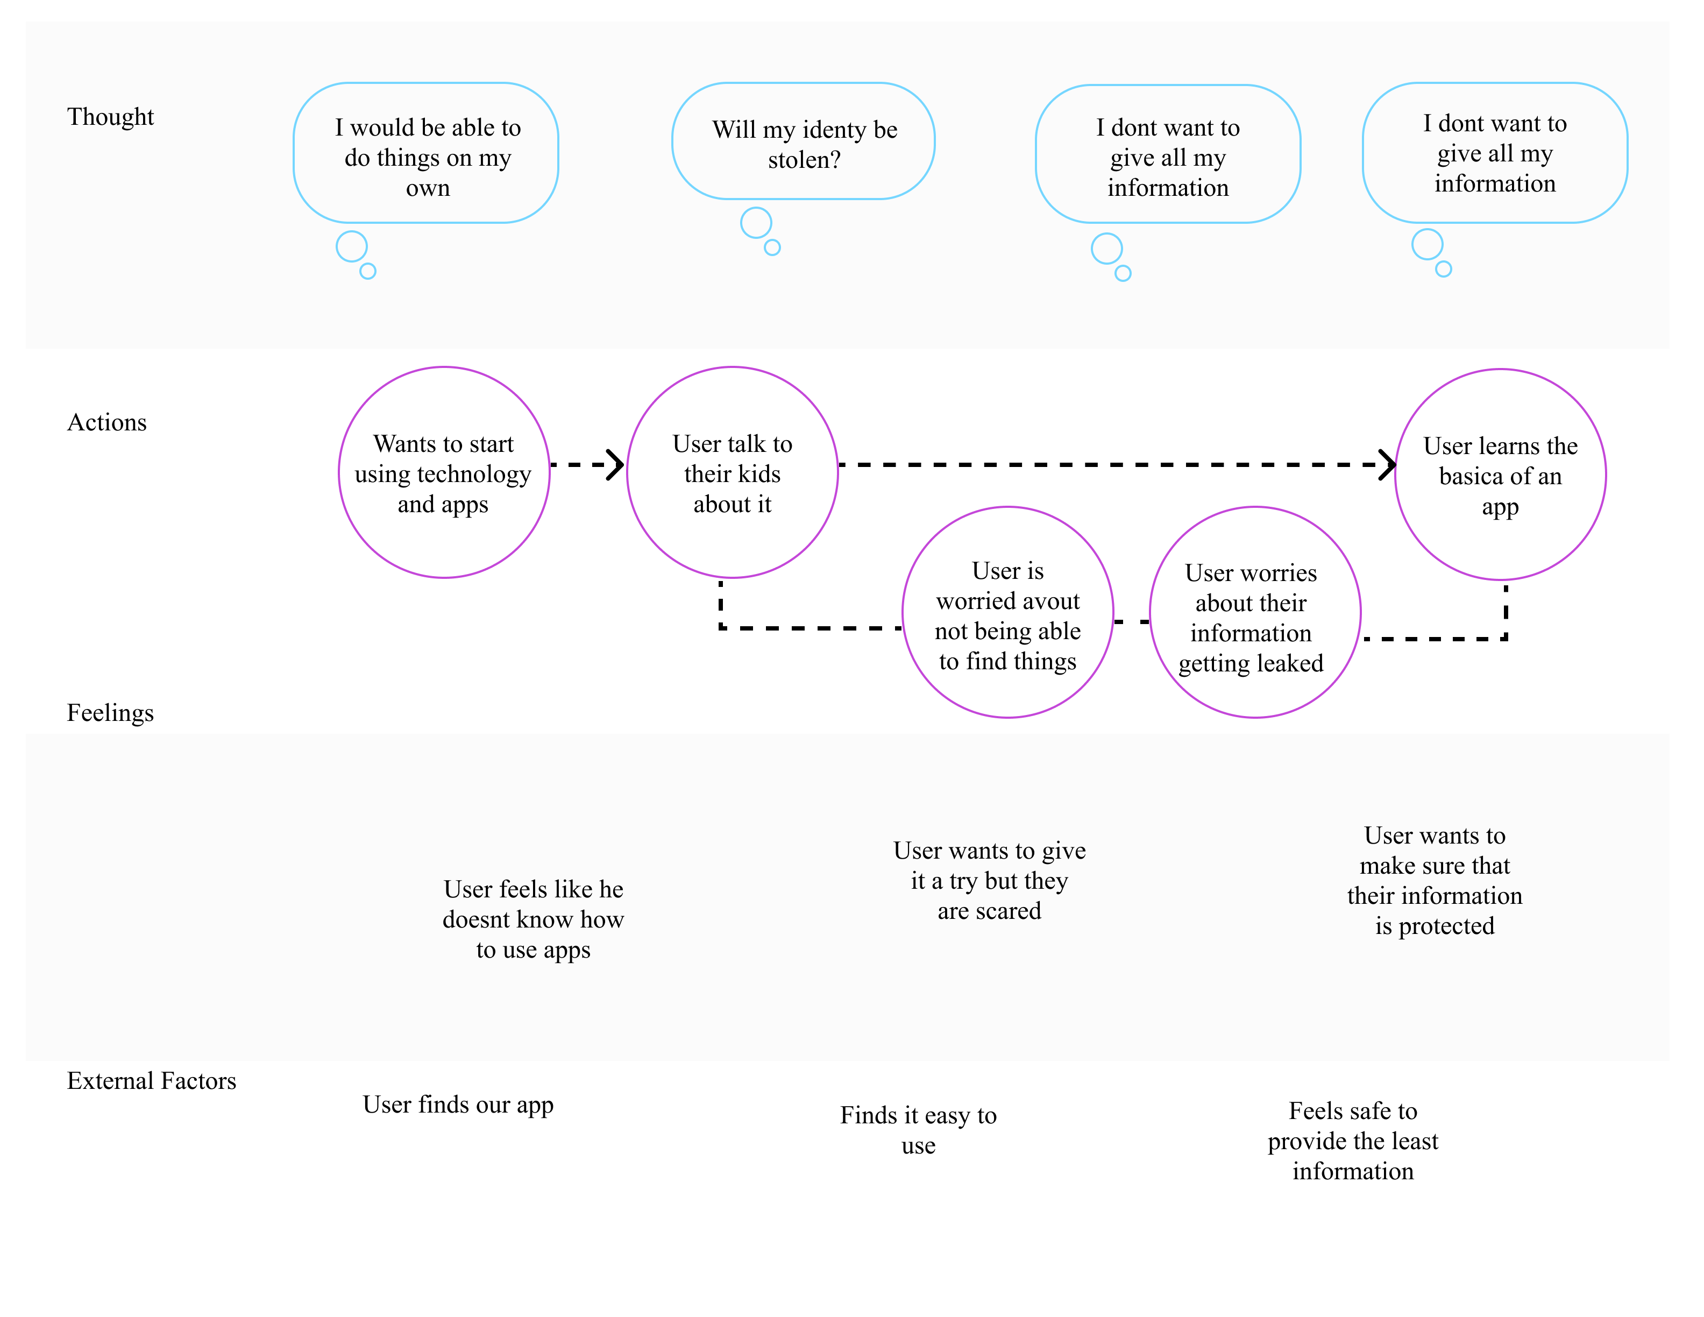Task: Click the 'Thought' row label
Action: click(110, 116)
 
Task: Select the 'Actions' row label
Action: click(107, 422)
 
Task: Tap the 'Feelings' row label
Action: click(110, 712)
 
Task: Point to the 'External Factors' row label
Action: click(151, 1081)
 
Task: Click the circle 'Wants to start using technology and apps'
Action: click(443, 473)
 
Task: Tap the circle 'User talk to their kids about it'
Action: click(732, 473)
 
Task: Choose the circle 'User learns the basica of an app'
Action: click(1500, 475)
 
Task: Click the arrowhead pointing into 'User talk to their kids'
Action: click(616, 464)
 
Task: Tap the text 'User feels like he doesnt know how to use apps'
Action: click(533, 919)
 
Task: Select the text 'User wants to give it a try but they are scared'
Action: click(989, 880)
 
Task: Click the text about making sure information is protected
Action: click(1434, 880)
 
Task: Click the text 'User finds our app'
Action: click(458, 1105)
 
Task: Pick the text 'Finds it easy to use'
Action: click(918, 1130)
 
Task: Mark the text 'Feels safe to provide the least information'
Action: click(1352, 1141)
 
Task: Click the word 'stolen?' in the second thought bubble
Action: click(804, 160)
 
